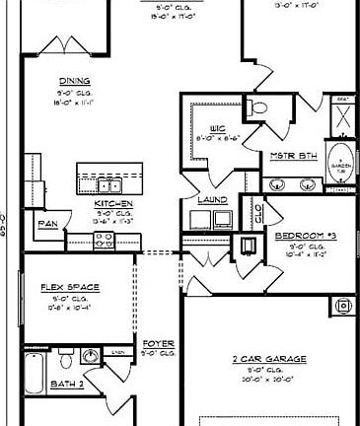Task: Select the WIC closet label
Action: click(219, 128)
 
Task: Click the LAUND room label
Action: click(212, 200)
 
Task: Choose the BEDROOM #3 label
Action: click(305, 236)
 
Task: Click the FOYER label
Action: click(158, 344)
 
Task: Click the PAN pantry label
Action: click(46, 223)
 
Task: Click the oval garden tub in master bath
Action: click(341, 167)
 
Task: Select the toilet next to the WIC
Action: click(255, 106)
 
